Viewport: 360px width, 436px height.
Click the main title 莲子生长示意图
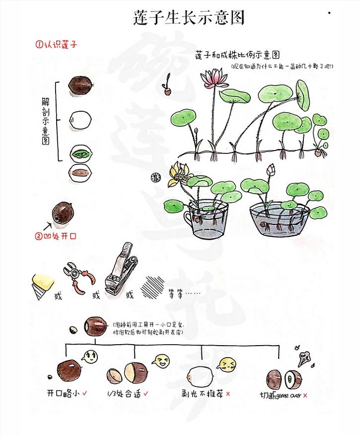[189, 18]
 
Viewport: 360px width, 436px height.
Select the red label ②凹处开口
[56, 236]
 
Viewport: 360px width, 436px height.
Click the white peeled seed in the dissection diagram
[79, 119]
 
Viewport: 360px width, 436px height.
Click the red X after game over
[305, 395]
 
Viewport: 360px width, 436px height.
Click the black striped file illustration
[152, 287]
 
